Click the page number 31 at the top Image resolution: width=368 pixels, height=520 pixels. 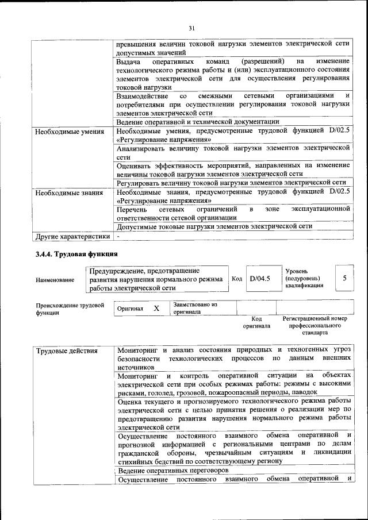click(192, 27)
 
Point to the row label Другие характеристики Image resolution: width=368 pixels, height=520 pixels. click(72, 236)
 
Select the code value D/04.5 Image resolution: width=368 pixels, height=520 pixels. click(260, 278)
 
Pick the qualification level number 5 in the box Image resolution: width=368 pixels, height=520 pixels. click(344, 278)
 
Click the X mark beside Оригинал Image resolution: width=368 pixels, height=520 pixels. click(156, 309)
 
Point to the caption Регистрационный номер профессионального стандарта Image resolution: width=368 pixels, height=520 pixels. click(315, 325)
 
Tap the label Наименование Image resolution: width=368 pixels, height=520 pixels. click(55, 280)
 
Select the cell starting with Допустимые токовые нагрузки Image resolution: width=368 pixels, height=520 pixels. click(214, 226)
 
